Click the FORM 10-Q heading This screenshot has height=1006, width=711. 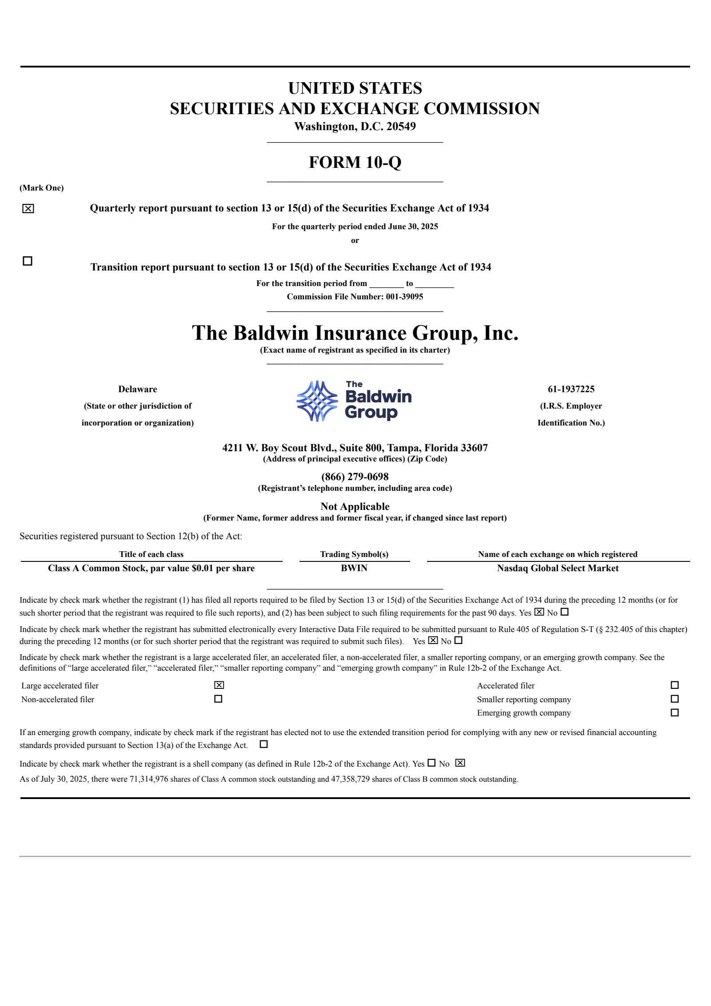coord(355,163)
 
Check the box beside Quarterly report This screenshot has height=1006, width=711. coord(28,209)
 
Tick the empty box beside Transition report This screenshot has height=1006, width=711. coord(28,261)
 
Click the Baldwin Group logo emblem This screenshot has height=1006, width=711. coord(317,401)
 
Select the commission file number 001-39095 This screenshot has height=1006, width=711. coord(404,297)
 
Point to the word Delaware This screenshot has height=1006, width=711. coord(137,389)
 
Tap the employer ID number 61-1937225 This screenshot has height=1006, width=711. coord(571,389)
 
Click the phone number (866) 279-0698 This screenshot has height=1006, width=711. coord(355,477)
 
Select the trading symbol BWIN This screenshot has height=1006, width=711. coord(354,568)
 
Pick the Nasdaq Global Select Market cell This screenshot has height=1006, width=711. coord(557,568)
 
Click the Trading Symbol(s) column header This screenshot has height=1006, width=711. coord(354,554)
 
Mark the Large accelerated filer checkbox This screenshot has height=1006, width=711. coord(219,685)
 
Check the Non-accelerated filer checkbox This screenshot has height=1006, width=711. coord(218,699)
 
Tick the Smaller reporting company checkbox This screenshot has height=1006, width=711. coord(675,699)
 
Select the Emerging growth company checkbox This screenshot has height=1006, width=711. coord(675,713)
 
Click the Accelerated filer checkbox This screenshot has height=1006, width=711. coord(675,685)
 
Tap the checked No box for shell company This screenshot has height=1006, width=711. coord(460,763)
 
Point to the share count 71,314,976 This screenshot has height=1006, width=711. coord(148,779)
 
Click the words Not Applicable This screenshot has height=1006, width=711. coord(355,506)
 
